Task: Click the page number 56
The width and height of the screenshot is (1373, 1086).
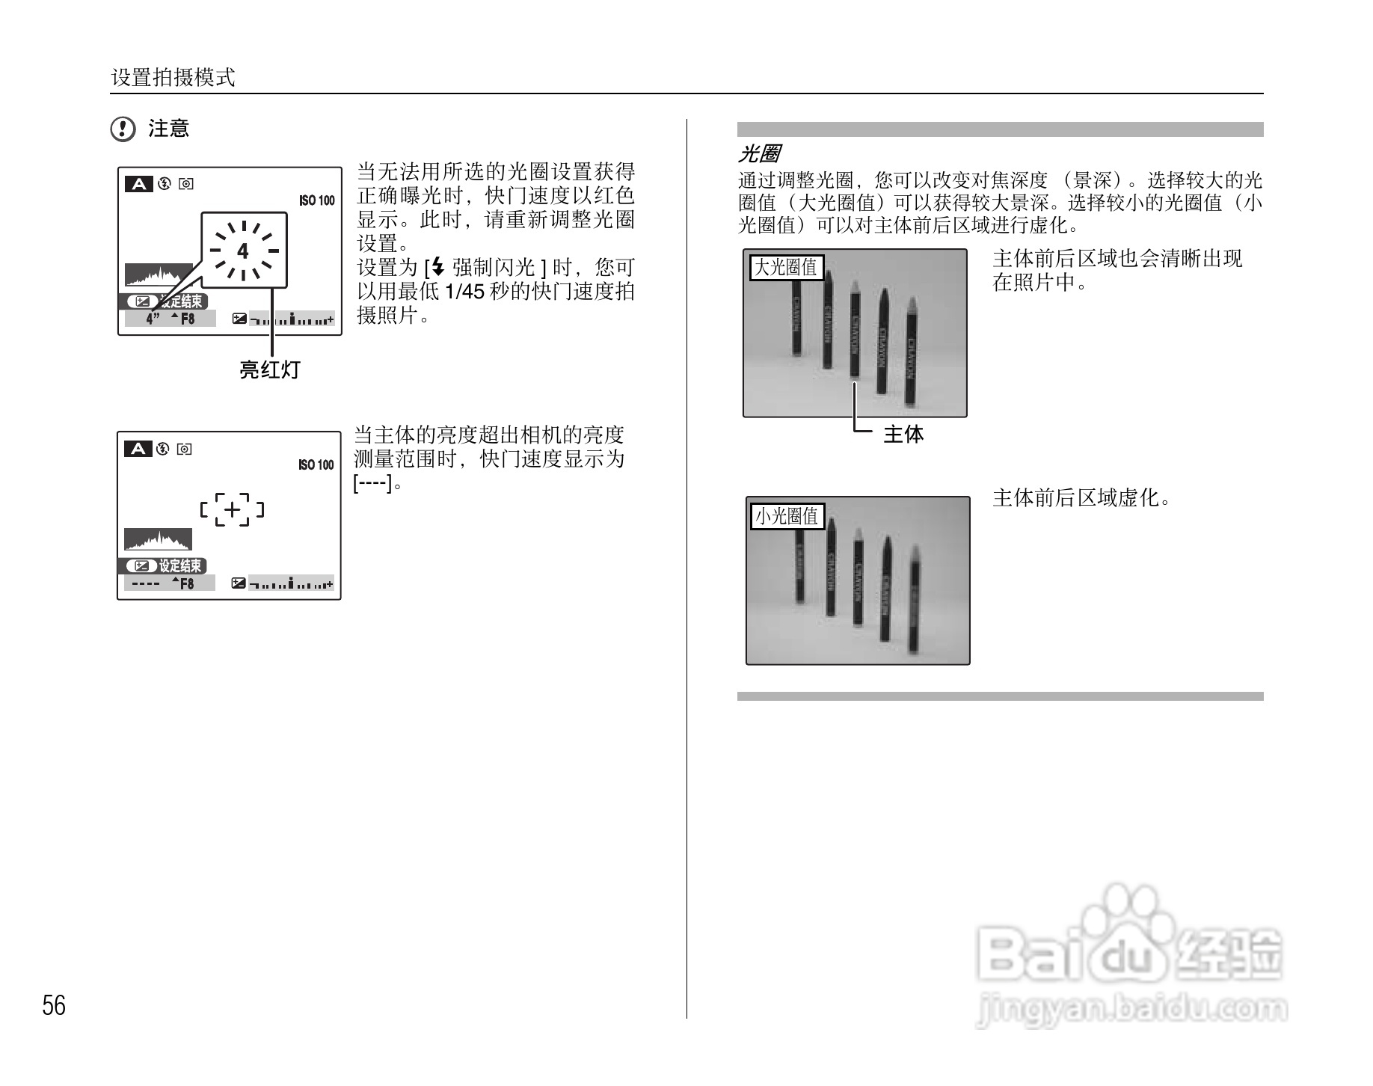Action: point(54,1005)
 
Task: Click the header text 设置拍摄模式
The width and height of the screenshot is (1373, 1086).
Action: point(173,77)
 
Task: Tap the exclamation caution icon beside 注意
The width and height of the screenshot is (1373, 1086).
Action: point(123,129)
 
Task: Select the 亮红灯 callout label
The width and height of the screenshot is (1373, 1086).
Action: point(269,369)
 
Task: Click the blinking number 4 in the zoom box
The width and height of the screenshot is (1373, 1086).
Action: point(243,251)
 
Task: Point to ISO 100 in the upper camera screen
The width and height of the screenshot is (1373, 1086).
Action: point(317,200)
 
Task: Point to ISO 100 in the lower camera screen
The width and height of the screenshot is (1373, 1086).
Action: point(316,465)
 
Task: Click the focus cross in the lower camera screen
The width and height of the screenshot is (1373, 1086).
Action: point(233,510)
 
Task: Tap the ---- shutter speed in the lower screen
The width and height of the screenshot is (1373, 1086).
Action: point(141,583)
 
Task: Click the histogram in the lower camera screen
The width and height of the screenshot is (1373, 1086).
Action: point(158,540)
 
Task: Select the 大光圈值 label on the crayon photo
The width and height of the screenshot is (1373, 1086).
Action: point(786,268)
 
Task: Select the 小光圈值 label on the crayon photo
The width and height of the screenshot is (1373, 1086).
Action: point(787,516)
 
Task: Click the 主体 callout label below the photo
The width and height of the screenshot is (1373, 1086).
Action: point(903,435)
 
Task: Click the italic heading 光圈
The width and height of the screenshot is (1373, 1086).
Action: point(759,154)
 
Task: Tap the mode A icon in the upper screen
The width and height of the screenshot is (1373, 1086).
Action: point(138,184)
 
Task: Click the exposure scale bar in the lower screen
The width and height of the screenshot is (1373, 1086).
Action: point(291,583)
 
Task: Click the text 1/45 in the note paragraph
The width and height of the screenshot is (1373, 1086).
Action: point(464,292)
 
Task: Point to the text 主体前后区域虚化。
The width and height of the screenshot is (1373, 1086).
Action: point(1081,498)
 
